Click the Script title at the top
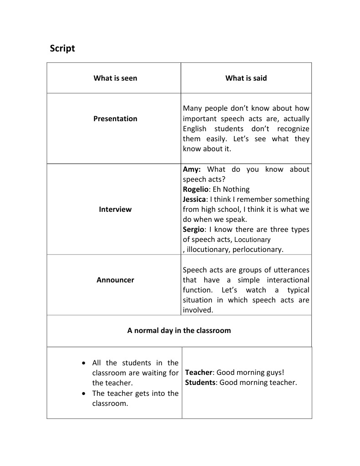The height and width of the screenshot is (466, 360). click(x=62, y=48)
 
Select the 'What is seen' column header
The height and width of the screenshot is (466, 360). click(x=115, y=78)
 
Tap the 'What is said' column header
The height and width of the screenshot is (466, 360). click(x=246, y=78)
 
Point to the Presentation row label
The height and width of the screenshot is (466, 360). click(x=115, y=118)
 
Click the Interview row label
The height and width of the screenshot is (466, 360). click(x=115, y=209)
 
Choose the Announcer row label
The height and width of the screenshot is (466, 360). click(x=115, y=280)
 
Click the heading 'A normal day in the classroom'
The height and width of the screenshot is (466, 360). click(x=179, y=330)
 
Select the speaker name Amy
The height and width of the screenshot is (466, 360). click(x=192, y=169)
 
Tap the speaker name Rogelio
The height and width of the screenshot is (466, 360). click(x=197, y=189)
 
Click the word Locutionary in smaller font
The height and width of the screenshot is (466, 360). click(x=252, y=240)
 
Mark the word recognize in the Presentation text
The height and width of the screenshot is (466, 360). click(x=293, y=128)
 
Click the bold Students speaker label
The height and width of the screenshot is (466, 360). click(x=200, y=382)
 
